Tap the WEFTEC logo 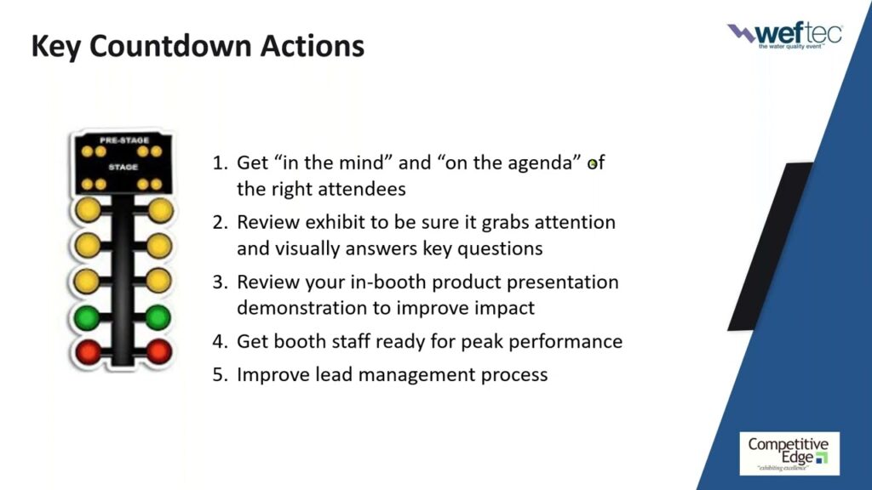784,36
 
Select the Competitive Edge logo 789,454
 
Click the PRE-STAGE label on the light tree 123,140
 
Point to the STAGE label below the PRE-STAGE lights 123,167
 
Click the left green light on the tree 87,318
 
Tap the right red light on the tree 159,351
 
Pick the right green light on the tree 158,318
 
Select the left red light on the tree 88,352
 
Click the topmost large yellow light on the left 88,210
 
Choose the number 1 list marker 220,162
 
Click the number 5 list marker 220,374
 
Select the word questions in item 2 500,249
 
